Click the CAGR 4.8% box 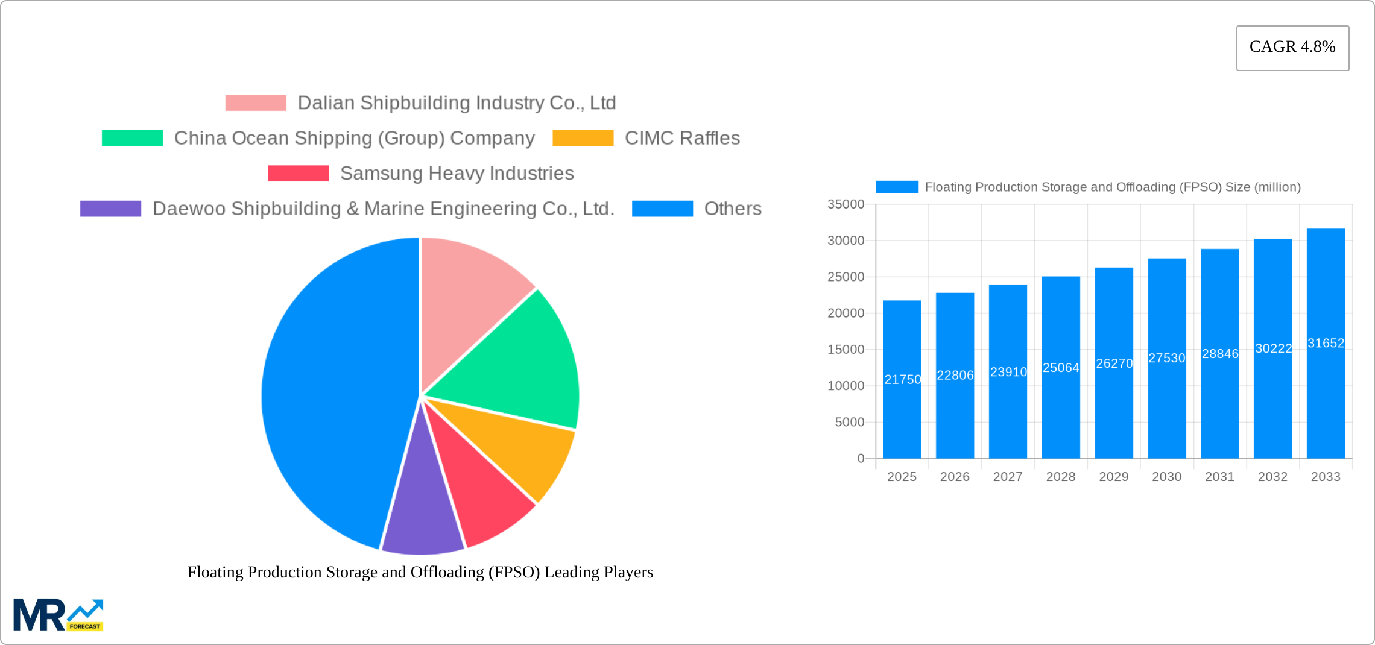click(1292, 48)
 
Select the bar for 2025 click(902, 410)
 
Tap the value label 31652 click(1326, 343)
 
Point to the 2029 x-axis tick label click(1113, 477)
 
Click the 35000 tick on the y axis click(846, 204)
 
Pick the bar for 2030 click(1166, 410)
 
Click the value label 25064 click(1061, 368)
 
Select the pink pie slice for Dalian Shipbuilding click(467, 295)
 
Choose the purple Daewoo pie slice click(422, 512)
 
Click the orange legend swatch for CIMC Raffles click(583, 138)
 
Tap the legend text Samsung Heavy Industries click(457, 174)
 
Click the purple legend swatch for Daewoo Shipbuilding click(110, 209)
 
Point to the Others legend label click(732, 209)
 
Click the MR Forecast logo click(58, 615)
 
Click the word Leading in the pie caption click(567, 572)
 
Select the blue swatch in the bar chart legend click(896, 187)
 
